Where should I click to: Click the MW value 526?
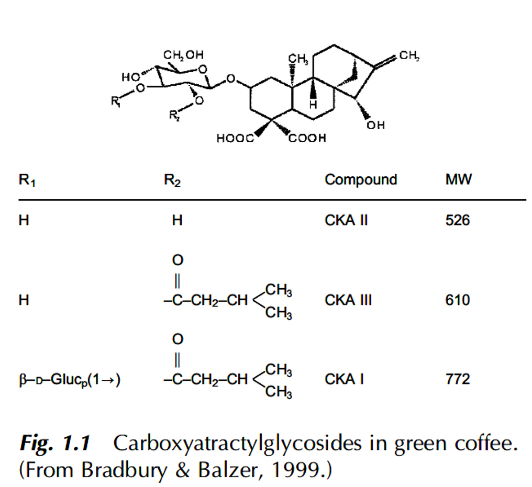458,220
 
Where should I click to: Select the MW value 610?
458,300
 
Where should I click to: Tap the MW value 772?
458,379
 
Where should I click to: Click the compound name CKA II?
346,220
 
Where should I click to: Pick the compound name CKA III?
348,300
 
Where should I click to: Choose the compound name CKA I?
344,379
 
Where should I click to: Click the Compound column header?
361,180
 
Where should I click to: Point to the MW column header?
459,180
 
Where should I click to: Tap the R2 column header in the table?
172,180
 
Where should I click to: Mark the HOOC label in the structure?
234,139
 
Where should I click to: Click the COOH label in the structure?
308,138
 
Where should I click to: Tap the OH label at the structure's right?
376,125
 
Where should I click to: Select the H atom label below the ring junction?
313,104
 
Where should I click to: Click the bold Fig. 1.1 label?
55,444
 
